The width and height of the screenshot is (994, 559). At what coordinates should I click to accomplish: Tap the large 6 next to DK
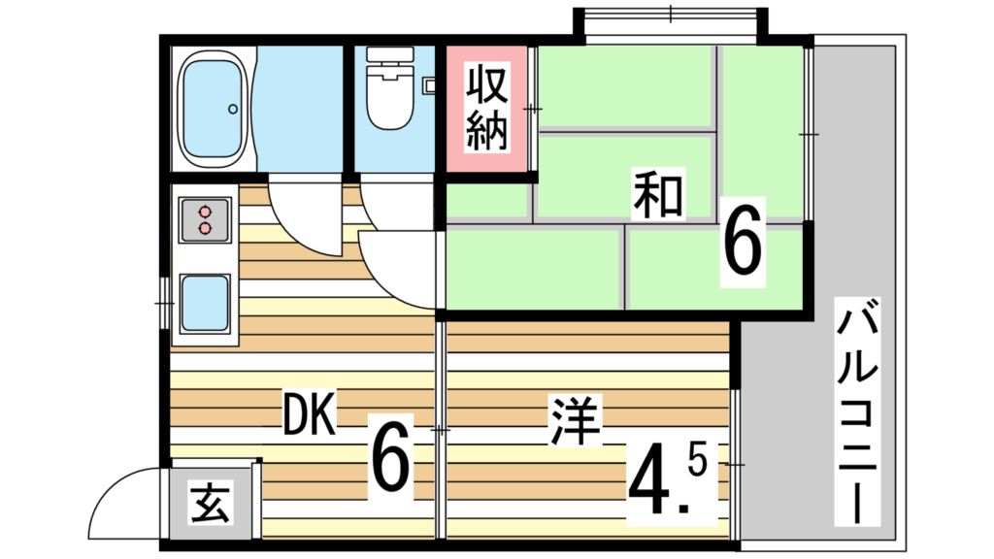[x=390, y=454]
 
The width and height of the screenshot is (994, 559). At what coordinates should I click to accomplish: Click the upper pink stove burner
[x=205, y=211]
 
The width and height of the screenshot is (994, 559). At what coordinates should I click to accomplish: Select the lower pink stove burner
[x=205, y=228]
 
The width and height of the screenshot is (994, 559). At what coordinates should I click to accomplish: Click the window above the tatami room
[x=671, y=18]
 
